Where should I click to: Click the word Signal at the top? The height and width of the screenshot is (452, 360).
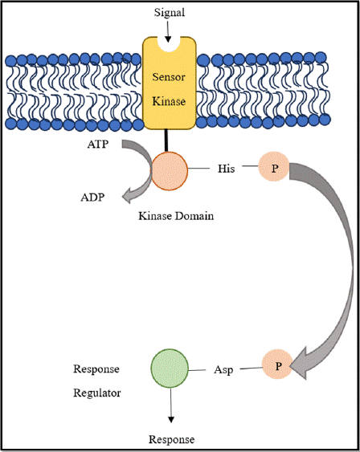[x=170, y=13]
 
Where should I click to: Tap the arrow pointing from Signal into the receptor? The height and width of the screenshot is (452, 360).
[x=168, y=31]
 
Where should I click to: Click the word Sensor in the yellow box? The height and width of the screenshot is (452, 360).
[x=169, y=77]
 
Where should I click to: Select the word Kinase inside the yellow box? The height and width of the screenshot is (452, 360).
[x=169, y=101]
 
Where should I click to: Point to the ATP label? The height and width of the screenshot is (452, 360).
[x=98, y=145]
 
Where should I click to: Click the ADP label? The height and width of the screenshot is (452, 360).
[x=92, y=197]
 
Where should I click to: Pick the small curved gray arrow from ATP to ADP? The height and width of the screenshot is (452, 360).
[x=144, y=171]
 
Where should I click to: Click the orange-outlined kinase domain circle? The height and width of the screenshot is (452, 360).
[x=170, y=171]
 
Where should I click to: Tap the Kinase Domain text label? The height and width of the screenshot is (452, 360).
[x=176, y=216]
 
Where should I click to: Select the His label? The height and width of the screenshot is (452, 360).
[x=226, y=169]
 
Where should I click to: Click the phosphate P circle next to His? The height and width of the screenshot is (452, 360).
[x=273, y=167]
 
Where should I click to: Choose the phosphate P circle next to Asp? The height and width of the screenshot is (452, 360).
[x=277, y=364]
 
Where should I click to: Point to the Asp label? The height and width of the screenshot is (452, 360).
[x=223, y=370]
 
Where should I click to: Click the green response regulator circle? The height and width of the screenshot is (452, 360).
[x=170, y=369]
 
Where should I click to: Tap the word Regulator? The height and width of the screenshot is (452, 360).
[x=97, y=393]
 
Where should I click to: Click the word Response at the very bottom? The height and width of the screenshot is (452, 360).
[x=172, y=440]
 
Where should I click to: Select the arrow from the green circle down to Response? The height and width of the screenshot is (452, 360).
[x=171, y=405]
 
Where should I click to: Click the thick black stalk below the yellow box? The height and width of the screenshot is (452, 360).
[x=166, y=140]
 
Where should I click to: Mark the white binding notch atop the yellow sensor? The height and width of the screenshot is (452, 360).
[x=169, y=44]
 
